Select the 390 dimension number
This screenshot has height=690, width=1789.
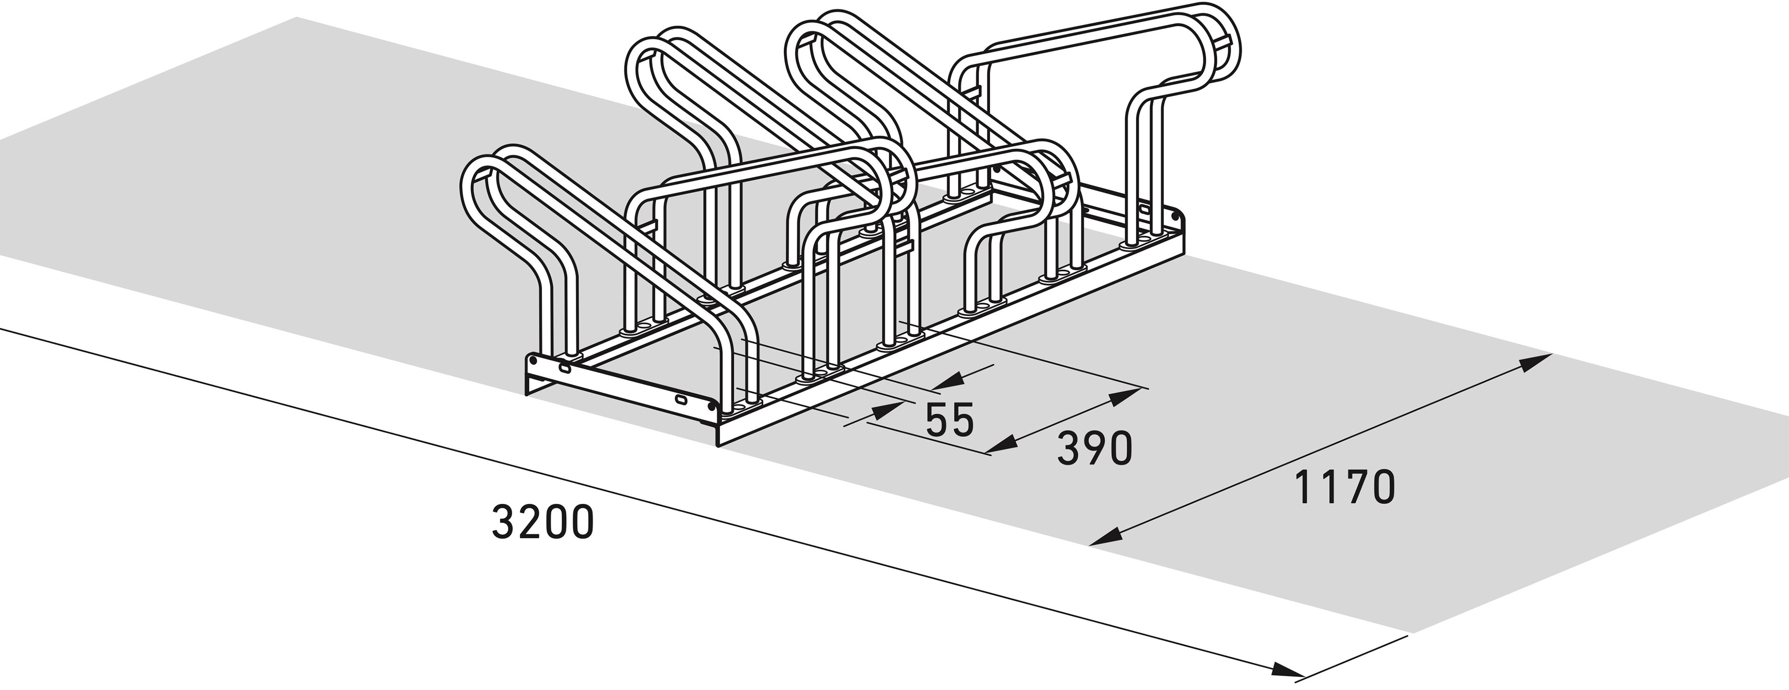(x=1095, y=449)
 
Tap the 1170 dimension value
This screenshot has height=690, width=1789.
(x=1345, y=487)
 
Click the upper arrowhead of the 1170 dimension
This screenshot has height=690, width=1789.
(x=1535, y=363)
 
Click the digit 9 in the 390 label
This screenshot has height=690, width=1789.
(x=1095, y=449)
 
